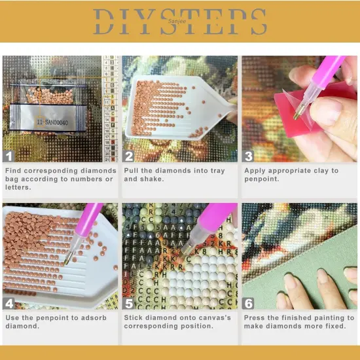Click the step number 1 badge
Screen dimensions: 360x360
[x=9, y=156]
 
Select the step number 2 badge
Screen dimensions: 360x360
[x=129, y=156]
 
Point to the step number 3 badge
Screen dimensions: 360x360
[x=249, y=156]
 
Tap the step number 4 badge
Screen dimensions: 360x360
[x=9, y=303]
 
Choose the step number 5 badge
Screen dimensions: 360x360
[x=129, y=303]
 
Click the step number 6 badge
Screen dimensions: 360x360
[x=249, y=303]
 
